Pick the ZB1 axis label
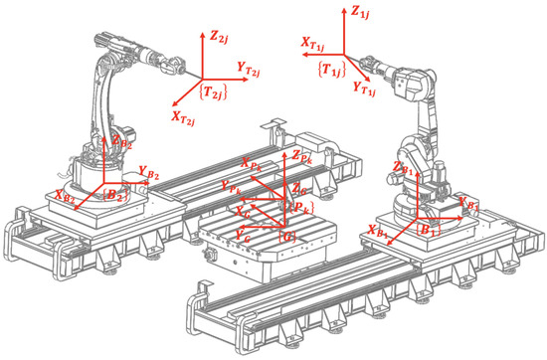(403, 168)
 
